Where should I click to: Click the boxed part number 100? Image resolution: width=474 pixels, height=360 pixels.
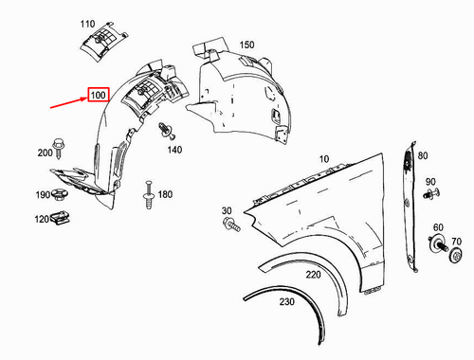(99, 96)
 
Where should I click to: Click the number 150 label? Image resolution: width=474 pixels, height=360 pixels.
(246, 45)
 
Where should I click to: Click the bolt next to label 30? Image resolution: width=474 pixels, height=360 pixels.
(231, 225)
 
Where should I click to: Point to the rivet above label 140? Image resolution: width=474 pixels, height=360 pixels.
(168, 129)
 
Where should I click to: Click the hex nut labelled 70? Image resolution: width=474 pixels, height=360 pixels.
(457, 256)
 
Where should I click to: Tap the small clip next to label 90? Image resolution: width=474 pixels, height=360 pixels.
(434, 195)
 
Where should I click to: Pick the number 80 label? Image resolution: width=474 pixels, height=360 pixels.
(422, 155)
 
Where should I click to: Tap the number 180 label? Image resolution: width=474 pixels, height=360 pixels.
(165, 194)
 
